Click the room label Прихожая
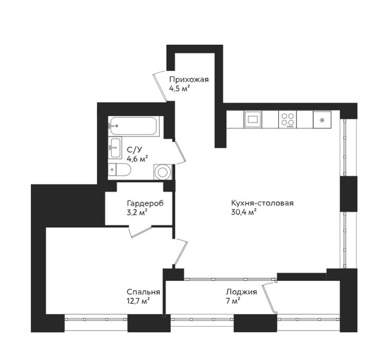(x=189, y=79)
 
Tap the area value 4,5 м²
(x=180, y=88)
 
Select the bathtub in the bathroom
(x=134, y=127)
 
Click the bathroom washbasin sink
(x=115, y=148)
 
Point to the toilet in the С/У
(x=119, y=170)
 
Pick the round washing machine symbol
(x=163, y=172)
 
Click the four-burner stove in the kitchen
(x=288, y=119)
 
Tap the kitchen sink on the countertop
(x=253, y=119)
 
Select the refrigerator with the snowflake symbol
(x=322, y=119)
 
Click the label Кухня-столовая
(x=262, y=203)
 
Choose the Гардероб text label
(x=146, y=204)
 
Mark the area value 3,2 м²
(x=137, y=212)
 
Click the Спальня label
(x=144, y=292)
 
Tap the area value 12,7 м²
(x=138, y=301)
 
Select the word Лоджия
(x=241, y=292)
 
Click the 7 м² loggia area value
(x=233, y=301)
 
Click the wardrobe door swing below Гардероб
(x=140, y=231)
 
